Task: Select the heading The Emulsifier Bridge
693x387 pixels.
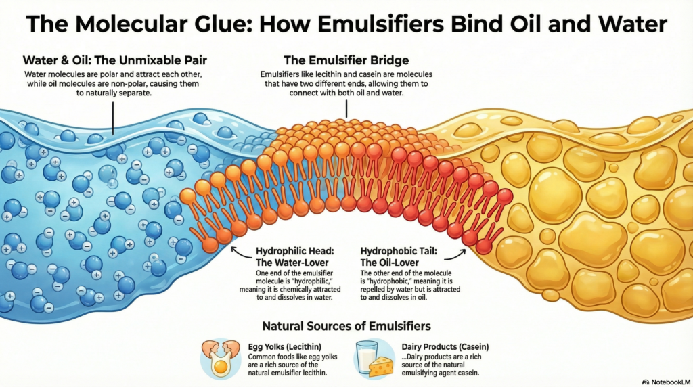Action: click(346, 60)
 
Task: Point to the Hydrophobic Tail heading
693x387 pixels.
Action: click(399, 251)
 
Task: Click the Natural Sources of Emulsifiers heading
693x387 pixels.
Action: click(346, 326)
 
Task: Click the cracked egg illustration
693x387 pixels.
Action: click(220, 359)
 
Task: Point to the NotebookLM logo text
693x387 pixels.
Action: click(668, 381)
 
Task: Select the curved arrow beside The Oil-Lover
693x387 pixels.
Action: click(460, 254)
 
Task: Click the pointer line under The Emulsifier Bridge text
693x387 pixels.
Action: click(346, 108)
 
